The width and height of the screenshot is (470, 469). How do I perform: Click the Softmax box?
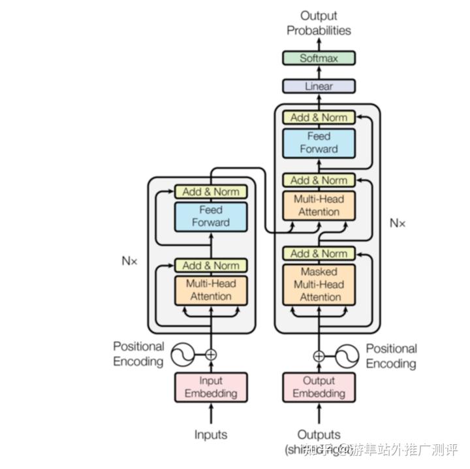[x=319, y=58]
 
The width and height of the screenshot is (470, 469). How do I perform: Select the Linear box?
[x=319, y=86]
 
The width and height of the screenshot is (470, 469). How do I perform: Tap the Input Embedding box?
[x=211, y=387]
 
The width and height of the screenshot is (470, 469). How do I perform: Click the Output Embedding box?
[x=319, y=387]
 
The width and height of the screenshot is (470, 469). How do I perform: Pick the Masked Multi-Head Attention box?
[x=319, y=284]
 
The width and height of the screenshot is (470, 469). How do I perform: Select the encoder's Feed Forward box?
[x=211, y=216]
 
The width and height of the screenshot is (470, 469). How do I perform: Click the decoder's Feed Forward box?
[x=319, y=142]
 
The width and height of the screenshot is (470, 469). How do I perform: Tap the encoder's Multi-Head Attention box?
[x=211, y=290]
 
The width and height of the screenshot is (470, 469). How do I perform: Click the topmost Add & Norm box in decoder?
[x=319, y=118]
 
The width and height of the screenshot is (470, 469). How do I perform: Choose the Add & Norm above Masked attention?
[x=319, y=253]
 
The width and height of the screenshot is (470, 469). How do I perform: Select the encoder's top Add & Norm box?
[x=211, y=191]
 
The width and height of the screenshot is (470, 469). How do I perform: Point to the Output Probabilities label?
[x=319, y=23]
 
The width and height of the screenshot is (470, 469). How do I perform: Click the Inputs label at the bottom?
[x=211, y=434]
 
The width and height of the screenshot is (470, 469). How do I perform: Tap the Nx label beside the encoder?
[x=130, y=260]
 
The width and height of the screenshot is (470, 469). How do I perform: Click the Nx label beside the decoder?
[x=398, y=223]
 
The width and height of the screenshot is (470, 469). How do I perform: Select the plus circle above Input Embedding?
[x=211, y=355]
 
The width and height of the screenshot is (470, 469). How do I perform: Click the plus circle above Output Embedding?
[x=319, y=356]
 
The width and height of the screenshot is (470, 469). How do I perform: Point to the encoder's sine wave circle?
[x=183, y=355]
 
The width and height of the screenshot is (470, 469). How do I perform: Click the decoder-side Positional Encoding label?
[x=391, y=356]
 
